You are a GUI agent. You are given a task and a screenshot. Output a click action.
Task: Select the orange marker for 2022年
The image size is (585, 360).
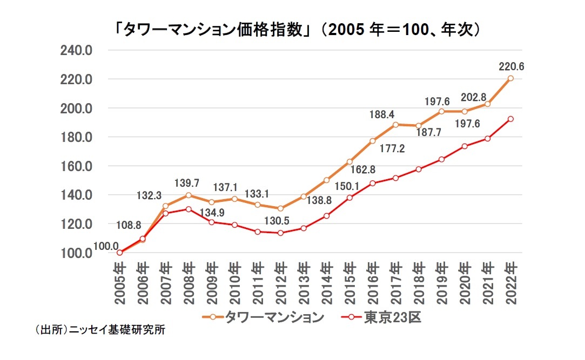tap(511, 78)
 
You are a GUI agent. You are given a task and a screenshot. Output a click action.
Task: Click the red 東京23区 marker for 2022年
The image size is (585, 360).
tap(511, 119)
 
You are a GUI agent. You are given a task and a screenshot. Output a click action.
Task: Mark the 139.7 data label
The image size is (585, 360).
tap(187, 184)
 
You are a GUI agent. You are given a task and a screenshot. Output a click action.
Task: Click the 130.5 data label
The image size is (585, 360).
tap(280, 220)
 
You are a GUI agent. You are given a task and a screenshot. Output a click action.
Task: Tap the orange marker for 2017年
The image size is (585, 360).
tap(396, 125)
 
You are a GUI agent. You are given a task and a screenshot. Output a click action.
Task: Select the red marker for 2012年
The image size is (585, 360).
tap(280, 233)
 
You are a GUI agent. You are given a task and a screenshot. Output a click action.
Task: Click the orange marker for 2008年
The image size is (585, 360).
tap(188, 195)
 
